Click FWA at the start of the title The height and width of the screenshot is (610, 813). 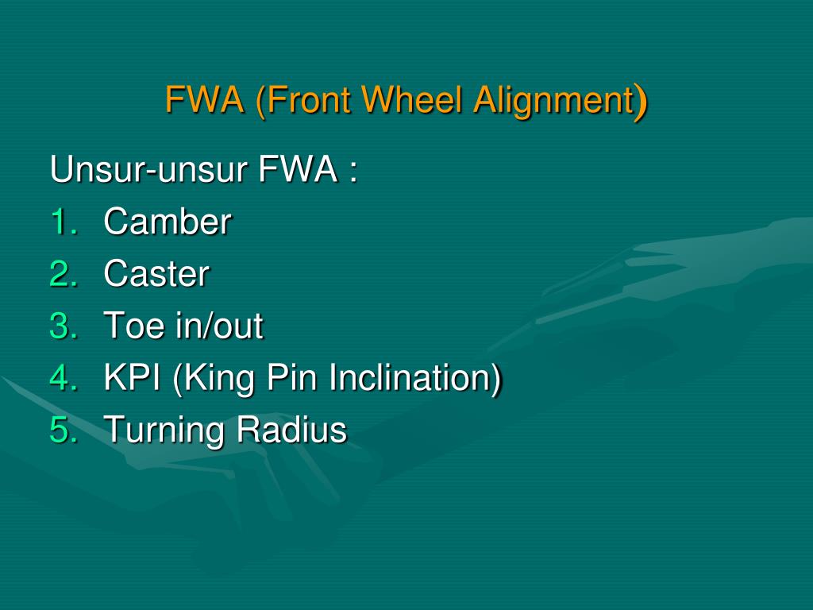[x=205, y=101]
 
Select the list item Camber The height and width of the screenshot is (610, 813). [x=168, y=222]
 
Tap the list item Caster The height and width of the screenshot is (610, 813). [x=156, y=274]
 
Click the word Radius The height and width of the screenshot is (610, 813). [x=291, y=430]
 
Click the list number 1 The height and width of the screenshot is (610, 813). [x=64, y=222]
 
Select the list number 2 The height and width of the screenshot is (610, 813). [x=64, y=274]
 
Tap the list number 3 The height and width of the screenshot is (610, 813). [x=64, y=326]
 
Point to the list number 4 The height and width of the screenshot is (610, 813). [x=64, y=378]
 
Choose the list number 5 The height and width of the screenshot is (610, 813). [x=64, y=430]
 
